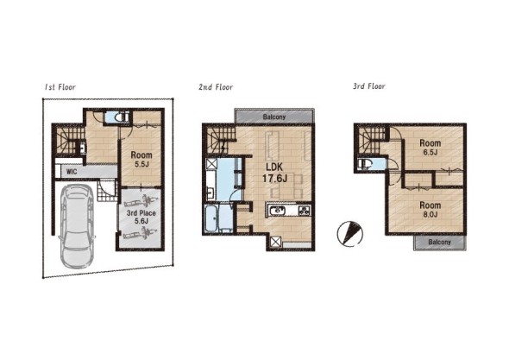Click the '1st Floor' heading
pos(60,87)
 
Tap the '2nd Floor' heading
pos(216,87)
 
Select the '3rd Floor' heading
pos(369,86)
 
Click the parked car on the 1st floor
pos(78,226)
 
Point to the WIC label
pos(72,171)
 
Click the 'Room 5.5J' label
pos(141,159)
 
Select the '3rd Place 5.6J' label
pos(141,217)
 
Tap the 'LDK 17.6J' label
pos(274,173)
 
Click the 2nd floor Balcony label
pos(274,117)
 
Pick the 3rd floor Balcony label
pos(439,242)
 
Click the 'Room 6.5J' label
pos(430,147)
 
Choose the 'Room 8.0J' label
pos(430,210)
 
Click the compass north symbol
pos(349,234)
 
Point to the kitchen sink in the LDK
pos(277,211)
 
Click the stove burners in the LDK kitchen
pos(305,211)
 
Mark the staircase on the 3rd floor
pos(371,141)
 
